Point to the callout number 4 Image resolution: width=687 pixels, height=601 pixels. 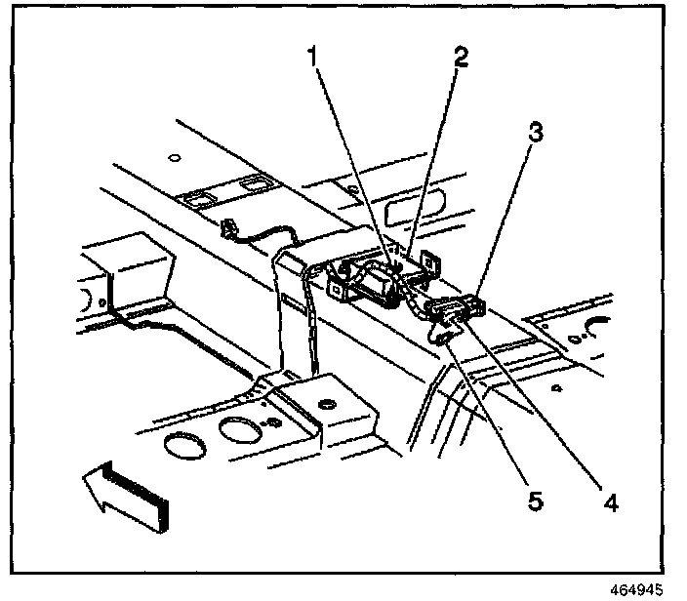pyautogui.click(x=610, y=503)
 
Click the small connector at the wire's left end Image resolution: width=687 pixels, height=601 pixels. pyautogui.click(x=231, y=229)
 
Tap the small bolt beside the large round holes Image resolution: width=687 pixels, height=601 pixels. pyautogui.click(x=270, y=421)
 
